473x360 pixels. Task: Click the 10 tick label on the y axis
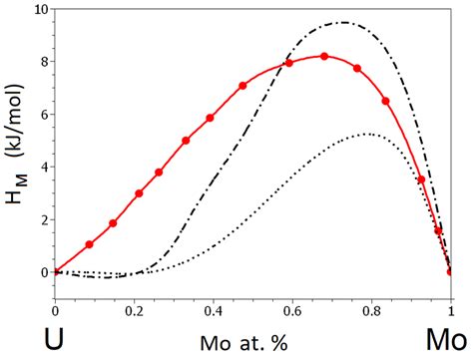39,10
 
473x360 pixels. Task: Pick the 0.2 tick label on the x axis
134,311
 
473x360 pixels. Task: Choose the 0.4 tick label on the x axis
213,311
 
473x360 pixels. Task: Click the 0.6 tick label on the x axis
292,311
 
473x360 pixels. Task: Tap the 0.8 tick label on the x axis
371,311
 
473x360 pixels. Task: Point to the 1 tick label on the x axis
450,311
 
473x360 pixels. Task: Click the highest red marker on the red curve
324,56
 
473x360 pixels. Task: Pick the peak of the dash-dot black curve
343,22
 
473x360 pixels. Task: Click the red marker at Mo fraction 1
450,271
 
